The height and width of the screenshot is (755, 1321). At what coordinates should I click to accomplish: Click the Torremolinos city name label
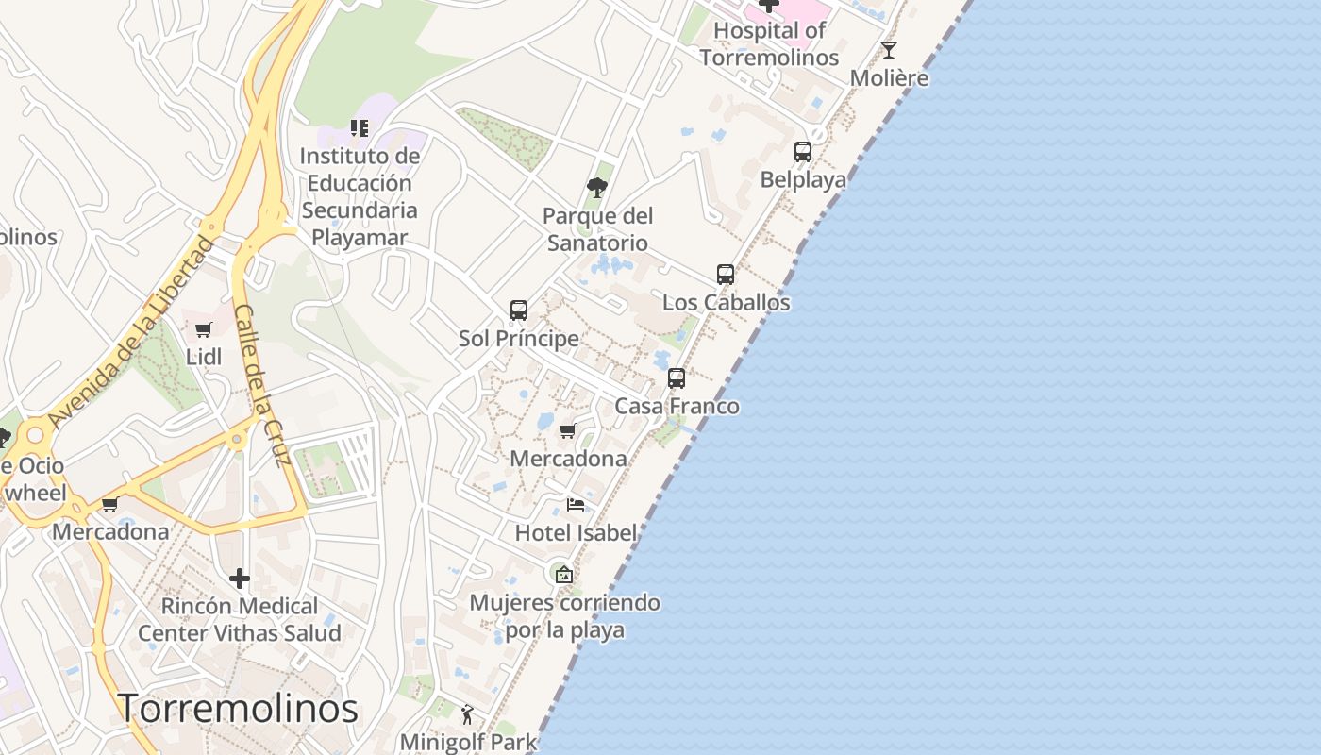coord(238,708)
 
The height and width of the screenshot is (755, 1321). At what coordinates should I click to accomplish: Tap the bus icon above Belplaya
coord(803,151)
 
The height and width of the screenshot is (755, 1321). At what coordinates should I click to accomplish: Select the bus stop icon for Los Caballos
coord(725,275)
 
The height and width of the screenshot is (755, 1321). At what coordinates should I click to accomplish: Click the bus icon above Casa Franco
coord(677,378)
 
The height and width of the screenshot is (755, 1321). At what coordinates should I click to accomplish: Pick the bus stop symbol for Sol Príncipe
coord(518,310)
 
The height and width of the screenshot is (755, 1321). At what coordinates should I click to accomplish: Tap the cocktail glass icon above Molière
coord(889,50)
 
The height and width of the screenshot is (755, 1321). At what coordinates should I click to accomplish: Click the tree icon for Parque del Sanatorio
coord(596,187)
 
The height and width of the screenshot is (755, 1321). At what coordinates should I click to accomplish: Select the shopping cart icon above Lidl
coord(203,329)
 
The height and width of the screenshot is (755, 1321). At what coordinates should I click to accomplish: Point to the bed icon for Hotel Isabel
coord(576,505)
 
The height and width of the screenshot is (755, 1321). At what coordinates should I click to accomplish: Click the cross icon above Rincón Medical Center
coord(240,578)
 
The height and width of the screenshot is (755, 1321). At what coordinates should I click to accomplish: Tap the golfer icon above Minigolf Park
coord(468,714)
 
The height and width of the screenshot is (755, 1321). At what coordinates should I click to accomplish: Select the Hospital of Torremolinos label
coord(769,43)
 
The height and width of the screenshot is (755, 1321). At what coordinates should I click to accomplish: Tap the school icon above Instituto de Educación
coord(359,127)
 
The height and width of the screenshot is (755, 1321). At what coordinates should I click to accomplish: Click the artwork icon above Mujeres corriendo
coord(564,574)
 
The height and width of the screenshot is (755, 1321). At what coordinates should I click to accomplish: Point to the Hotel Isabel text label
coord(576,532)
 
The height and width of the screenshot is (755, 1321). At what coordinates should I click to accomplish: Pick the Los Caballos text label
coord(726,302)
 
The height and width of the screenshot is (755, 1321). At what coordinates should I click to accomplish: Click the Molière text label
coord(889,77)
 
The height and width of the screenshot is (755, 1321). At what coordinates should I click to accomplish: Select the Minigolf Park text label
coord(468,742)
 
